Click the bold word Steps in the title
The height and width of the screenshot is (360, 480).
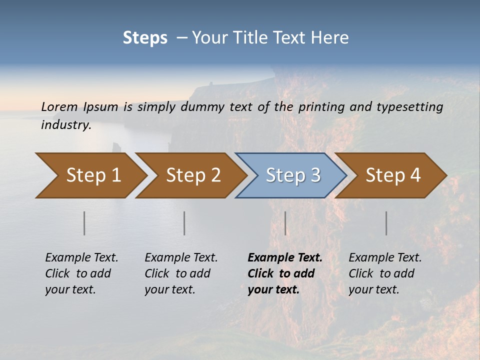coord(145,38)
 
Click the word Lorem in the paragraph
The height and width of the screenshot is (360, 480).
coord(59,106)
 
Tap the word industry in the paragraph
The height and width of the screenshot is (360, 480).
coord(65,124)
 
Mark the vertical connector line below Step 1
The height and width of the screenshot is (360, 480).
coord(84,223)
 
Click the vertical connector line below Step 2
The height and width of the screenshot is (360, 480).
coord(184,223)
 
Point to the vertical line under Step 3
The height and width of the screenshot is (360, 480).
coord(285,223)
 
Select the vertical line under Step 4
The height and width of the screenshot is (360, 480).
coord(386,223)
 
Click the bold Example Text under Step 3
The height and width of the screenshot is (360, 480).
coord(285,257)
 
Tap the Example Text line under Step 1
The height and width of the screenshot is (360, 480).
coord(81,257)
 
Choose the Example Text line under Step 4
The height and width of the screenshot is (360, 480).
coord(385,257)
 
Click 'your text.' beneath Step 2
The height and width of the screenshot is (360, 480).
coord(169,289)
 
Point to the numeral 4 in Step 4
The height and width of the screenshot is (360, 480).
coord(415,175)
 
